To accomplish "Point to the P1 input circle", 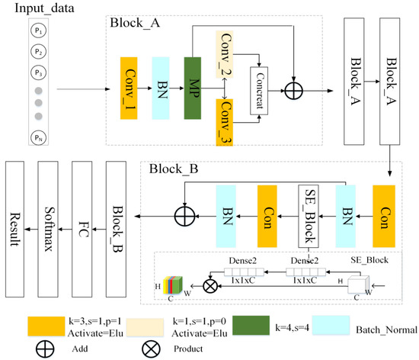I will pyautogui.click(x=37, y=33).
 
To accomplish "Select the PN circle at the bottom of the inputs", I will pyautogui.click(x=37, y=137).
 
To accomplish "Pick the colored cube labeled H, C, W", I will pyautogui.click(x=174, y=287).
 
